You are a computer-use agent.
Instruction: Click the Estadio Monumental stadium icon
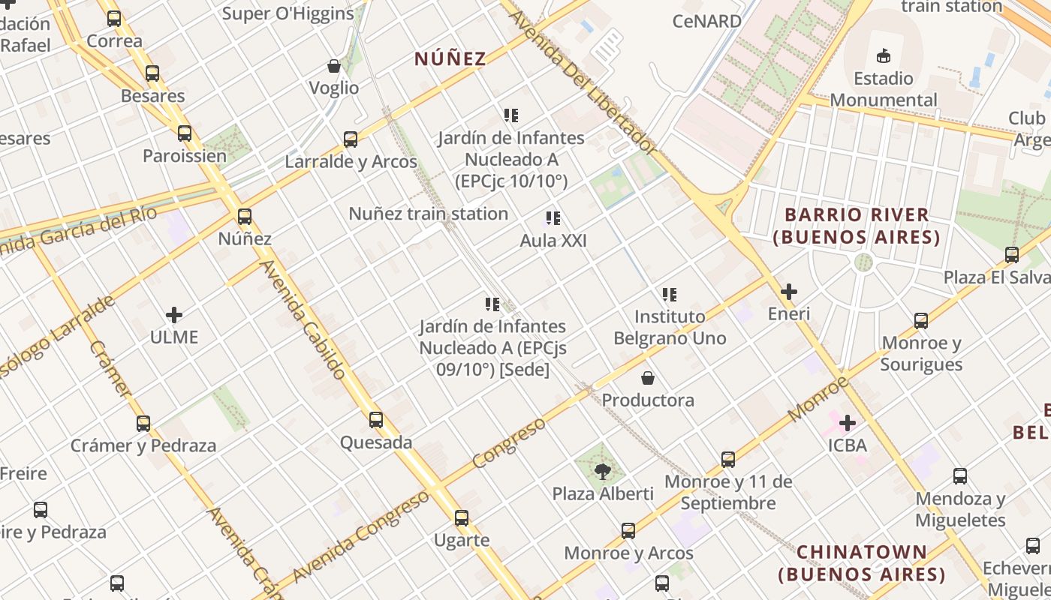coord(884,55)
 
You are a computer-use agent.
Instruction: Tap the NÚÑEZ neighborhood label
coord(450,58)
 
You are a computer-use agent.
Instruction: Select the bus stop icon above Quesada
coord(376,420)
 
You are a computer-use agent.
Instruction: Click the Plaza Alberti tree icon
coord(602,472)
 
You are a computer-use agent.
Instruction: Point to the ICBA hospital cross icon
coord(848,423)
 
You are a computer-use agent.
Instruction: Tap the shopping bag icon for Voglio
coord(334,66)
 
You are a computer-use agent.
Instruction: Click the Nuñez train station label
coord(428,214)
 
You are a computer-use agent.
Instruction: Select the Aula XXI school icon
coord(553,218)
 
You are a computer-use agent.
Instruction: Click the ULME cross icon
coord(174,315)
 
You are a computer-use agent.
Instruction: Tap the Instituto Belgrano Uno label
coord(670,328)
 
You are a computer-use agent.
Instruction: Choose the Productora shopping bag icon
coord(647,378)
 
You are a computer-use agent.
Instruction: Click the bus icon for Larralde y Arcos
coord(351,139)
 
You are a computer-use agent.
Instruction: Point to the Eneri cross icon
coord(789,292)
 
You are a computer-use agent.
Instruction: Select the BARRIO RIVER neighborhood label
coord(857,226)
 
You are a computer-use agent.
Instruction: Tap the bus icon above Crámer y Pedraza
coord(143,423)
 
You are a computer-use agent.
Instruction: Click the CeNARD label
coord(706,21)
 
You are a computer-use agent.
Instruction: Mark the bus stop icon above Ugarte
coord(462,517)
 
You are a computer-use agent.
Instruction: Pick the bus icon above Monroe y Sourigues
coord(921,321)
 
